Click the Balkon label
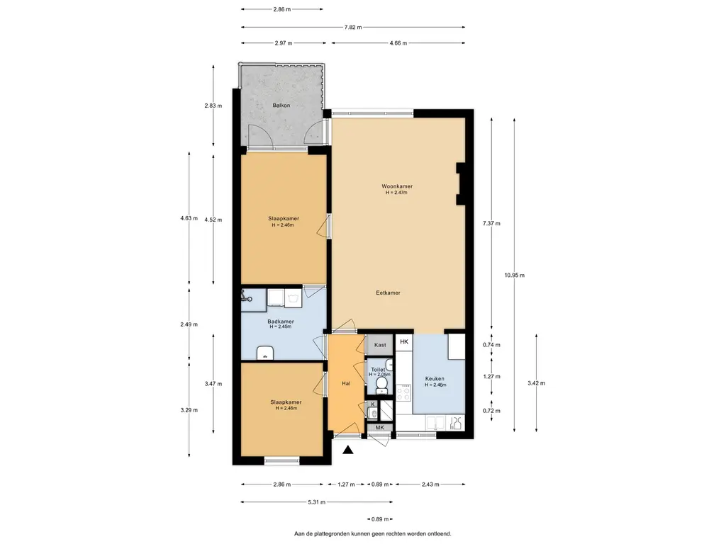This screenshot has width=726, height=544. click(281, 106)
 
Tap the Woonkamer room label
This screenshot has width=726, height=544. click(397, 186)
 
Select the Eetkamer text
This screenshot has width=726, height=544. click(388, 293)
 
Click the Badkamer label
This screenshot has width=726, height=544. click(281, 322)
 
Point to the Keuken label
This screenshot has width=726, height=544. click(435, 379)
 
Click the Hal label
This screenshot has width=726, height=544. click(346, 383)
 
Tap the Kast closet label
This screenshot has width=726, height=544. click(380, 345)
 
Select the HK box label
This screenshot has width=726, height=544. click(404, 342)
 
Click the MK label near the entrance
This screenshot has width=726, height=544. click(380, 428)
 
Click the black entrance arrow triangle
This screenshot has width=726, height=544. click(348, 450)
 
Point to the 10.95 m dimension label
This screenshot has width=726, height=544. click(515, 276)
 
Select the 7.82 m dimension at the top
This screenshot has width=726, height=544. click(353, 28)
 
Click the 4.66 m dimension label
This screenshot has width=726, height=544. click(398, 43)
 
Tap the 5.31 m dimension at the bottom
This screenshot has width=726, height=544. click(317, 502)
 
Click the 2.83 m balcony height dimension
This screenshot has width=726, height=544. click(213, 106)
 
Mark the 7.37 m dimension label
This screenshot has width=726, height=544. click(491, 223)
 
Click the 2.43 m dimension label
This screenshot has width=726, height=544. click(430, 484)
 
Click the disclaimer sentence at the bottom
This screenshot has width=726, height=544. click(373, 534)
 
